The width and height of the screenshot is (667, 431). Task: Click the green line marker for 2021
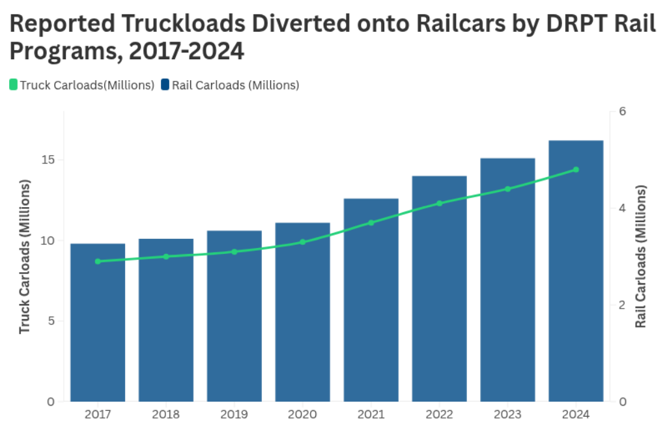point(371,223)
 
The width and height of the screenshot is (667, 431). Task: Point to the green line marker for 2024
point(576,170)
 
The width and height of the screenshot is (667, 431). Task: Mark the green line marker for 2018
point(166,257)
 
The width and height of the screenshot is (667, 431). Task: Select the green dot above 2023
point(507,189)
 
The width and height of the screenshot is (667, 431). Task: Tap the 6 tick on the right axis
point(622,111)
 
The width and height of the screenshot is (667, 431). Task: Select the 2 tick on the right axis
point(622,305)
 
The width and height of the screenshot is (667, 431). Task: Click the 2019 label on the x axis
point(234,415)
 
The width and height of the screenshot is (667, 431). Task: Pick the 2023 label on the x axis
point(507,415)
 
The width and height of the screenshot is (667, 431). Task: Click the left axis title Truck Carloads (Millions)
point(25,257)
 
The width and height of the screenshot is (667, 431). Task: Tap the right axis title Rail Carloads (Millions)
point(642,257)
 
